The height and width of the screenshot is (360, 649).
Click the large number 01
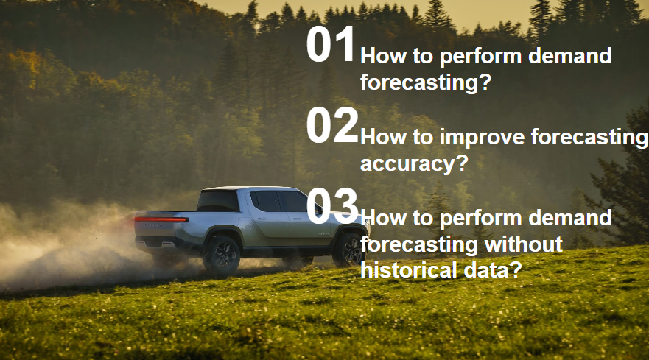pos(331,44)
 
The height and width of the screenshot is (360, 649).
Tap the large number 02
pos(332,125)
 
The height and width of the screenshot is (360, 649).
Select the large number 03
pos(332,206)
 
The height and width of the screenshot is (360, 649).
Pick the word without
pos(523,244)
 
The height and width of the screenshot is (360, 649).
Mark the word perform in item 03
pos(480,219)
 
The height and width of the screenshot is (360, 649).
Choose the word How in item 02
pos(384,137)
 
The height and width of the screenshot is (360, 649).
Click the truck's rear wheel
pos(222,255)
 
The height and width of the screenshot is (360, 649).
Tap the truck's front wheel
pos(348,250)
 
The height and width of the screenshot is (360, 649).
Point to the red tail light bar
pos(162,219)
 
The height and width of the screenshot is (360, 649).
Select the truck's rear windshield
pos(218,201)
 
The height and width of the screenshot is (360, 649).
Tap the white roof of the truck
pos(244,188)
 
